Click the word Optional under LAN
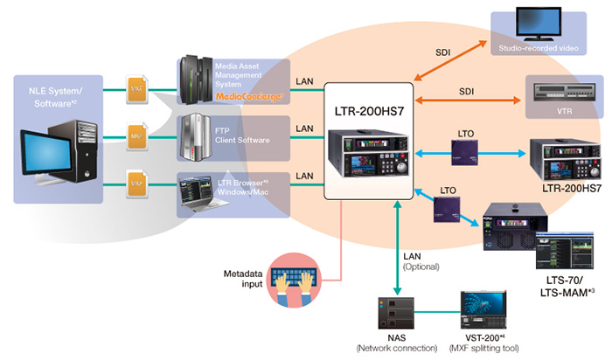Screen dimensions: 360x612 [421, 267]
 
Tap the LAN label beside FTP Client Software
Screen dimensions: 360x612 [304, 128]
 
